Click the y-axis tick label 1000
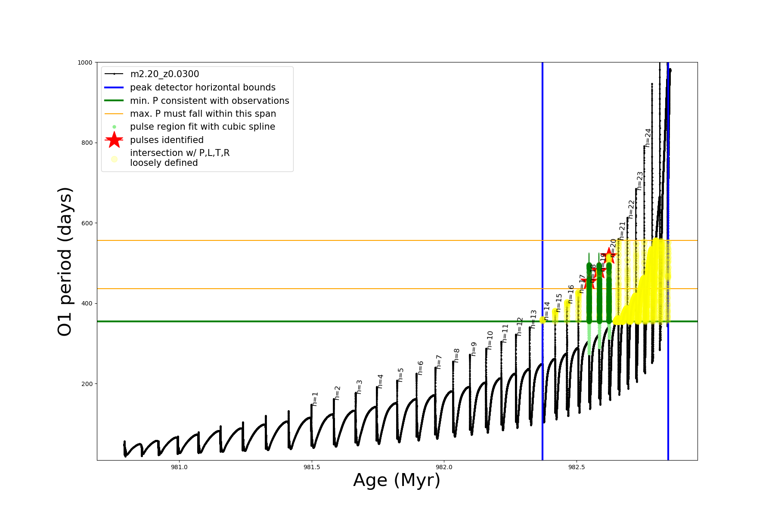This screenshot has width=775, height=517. tap(85, 62)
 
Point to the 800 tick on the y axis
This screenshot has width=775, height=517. tap(87, 143)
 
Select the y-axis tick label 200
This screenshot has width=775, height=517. tap(87, 384)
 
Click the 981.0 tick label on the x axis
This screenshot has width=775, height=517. tap(179, 467)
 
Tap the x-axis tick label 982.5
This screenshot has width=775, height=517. tap(577, 467)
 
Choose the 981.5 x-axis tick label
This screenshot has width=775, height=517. tap(312, 467)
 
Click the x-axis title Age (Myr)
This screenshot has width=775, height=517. tap(397, 480)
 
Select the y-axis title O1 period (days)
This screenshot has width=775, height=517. tap(65, 262)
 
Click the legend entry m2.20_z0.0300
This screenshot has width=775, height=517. tap(164, 74)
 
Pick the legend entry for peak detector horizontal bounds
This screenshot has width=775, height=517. tap(202, 87)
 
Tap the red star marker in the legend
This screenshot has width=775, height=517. tap(114, 140)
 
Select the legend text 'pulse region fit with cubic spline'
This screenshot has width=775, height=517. tap(202, 127)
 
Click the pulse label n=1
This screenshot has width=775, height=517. tap(315, 399)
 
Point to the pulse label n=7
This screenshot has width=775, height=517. tap(439, 362)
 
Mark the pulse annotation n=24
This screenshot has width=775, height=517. tap(648, 138)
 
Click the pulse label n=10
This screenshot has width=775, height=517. tap(490, 340)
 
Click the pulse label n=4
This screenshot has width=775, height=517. tap(381, 381)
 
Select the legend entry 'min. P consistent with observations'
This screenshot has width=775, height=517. tap(209, 101)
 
